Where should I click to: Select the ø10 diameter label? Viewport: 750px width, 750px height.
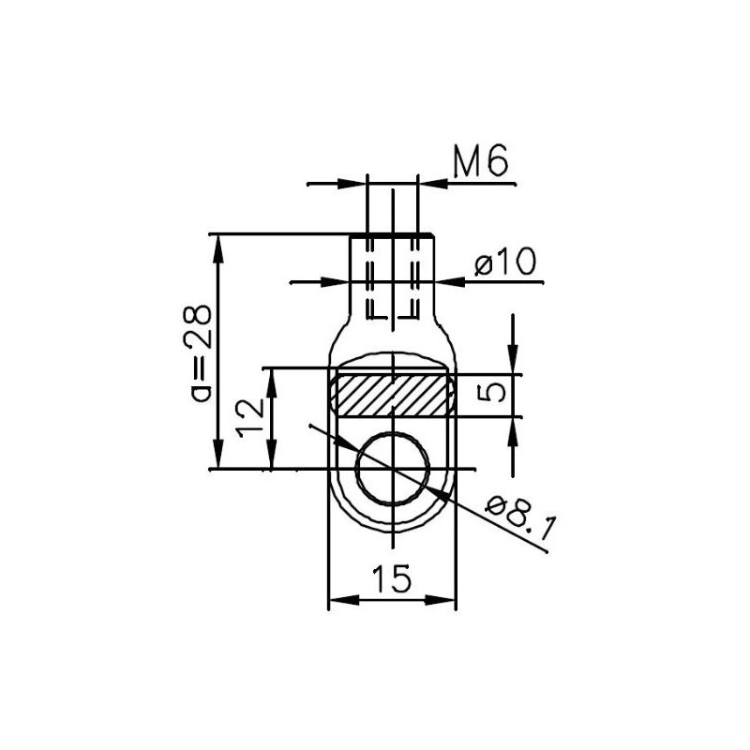coord(506,263)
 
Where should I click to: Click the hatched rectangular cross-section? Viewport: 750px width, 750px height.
coord(393,394)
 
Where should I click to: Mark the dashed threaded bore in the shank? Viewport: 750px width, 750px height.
coord(393,277)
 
